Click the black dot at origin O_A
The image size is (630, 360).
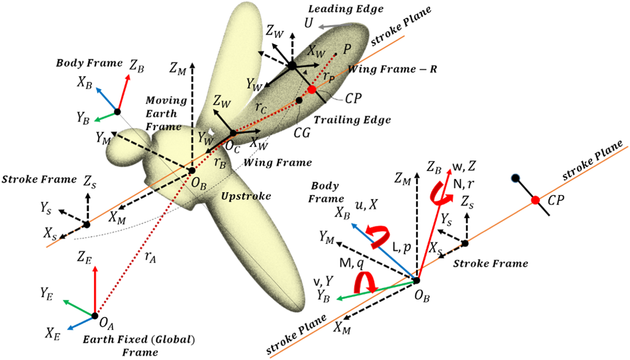pyautogui.click(x=95, y=316)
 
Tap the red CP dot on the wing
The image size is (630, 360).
pyautogui.click(x=312, y=89)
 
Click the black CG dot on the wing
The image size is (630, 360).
pyautogui.click(x=299, y=101)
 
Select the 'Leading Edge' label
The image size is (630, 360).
pyautogui.click(x=346, y=9)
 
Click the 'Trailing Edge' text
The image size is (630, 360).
pyautogui.click(x=352, y=120)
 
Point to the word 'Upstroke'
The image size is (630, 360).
pyautogui.click(x=246, y=196)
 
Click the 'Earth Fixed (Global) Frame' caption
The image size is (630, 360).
pyautogui.click(x=139, y=345)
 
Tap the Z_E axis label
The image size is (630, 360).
pyautogui.click(x=84, y=258)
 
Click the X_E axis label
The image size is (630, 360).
pyautogui.click(x=53, y=334)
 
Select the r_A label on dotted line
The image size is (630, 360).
pyautogui.click(x=150, y=257)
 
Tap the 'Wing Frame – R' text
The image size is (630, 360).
pyautogui.click(x=392, y=70)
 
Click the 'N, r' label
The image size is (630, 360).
pyautogui.click(x=463, y=184)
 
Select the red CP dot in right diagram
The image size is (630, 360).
pyautogui.click(x=535, y=200)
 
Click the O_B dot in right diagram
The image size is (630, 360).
pyautogui.click(x=416, y=280)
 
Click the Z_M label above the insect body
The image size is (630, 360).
pyautogui.click(x=178, y=68)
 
